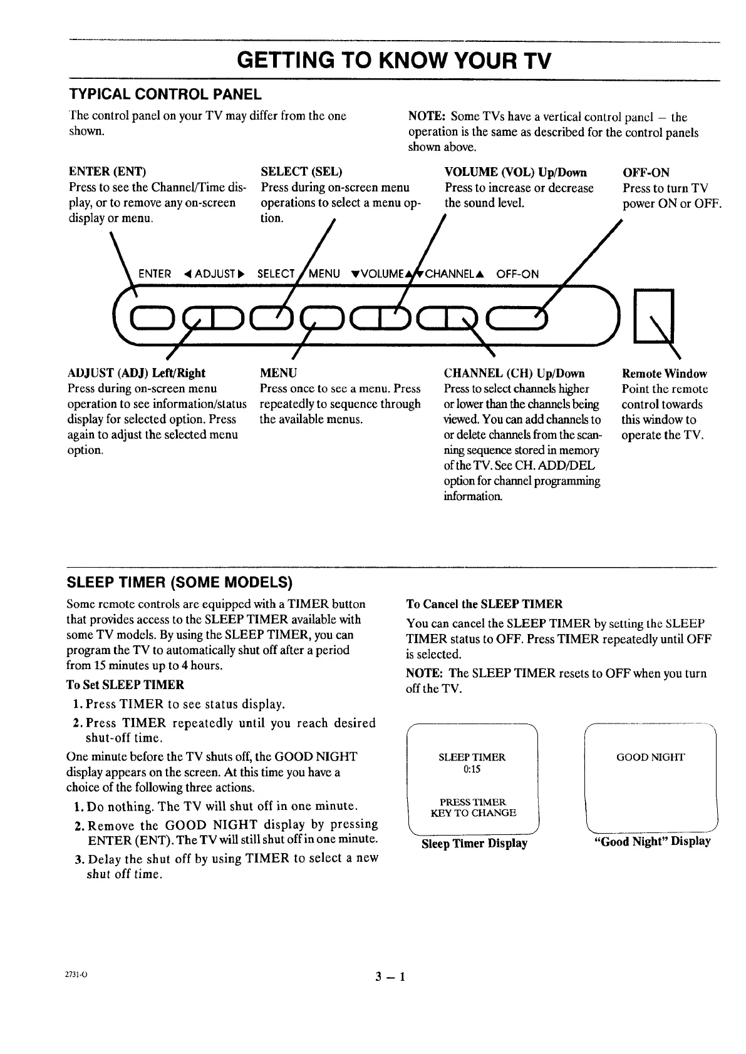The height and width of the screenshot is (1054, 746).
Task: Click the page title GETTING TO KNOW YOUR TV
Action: [394, 61]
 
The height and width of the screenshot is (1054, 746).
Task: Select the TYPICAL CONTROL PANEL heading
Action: [165, 95]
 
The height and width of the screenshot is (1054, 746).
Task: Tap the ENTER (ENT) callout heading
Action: [107, 172]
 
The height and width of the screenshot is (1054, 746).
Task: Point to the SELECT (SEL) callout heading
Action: [301, 172]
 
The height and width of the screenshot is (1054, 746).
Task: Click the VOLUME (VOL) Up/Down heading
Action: [515, 172]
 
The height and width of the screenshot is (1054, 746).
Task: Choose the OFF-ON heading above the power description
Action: [646, 172]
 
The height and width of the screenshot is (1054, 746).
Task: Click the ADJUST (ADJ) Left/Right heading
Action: [136, 374]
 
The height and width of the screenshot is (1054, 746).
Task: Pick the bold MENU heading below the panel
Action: [278, 374]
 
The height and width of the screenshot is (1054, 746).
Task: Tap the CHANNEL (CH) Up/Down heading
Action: [514, 374]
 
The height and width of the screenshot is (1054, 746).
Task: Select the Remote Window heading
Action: [664, 374]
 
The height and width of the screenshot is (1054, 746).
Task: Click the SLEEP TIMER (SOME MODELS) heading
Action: [180, 583]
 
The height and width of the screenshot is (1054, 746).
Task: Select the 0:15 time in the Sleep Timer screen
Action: [472, 769]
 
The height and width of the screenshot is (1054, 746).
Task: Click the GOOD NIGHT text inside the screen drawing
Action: [651, 757]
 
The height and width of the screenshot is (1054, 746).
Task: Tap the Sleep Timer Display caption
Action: [474, 844]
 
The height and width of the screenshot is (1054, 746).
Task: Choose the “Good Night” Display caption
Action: [652, 841]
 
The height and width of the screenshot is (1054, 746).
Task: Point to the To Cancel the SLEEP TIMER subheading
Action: [484, 604]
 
